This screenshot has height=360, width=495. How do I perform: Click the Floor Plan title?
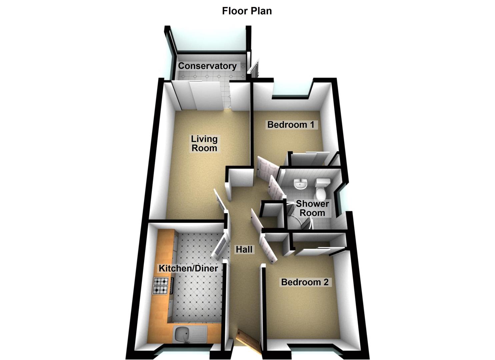pyautogui.click(x=247, y=11)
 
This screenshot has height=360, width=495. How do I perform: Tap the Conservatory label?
pyautogui.click(x=207, y=66)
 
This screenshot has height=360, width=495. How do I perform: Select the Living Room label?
pyautogui.click(x=204, y=143)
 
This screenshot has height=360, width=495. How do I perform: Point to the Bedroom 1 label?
pyautogui.click(x=291, y=125)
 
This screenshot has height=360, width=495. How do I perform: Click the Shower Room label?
pyautogui.click(x=312, y=208)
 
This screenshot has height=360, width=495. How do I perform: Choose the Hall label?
pyautogui.click(x=244, y=249)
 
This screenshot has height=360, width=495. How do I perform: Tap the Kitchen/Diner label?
pyautogui.click(x=188, y=268)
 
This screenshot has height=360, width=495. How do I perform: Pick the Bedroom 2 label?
pyautogui.click(x=305, y=282)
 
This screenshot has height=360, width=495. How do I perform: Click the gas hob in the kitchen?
pyautogui.click(x=160, y=286)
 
